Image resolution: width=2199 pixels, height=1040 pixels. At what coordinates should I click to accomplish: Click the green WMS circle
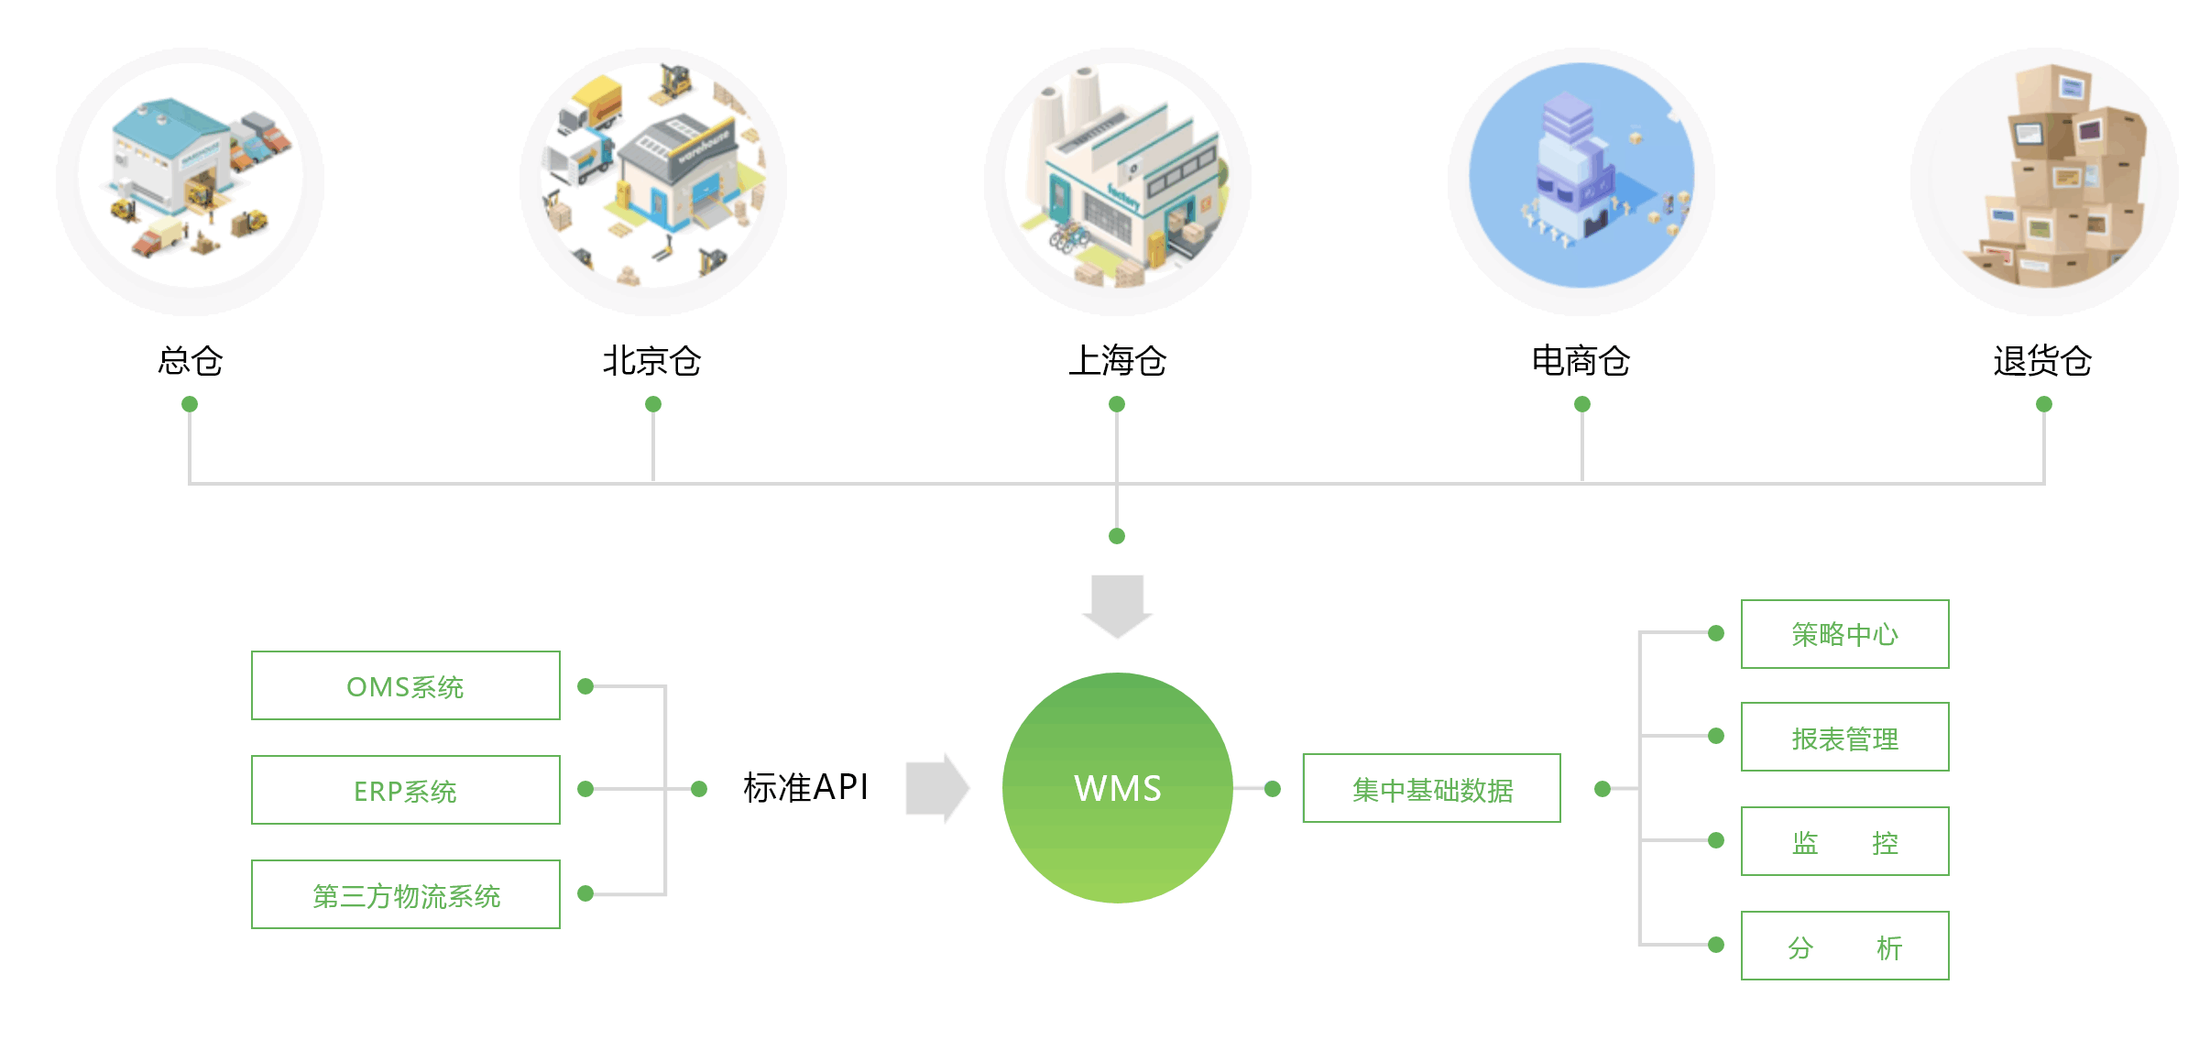tap(1117, 788)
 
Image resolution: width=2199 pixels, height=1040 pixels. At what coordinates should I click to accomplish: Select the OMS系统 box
tap(405, 685)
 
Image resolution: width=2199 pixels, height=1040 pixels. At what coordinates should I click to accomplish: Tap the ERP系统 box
tap(405, 790)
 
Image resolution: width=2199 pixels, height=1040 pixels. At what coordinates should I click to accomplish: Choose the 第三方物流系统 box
tap(405, 894)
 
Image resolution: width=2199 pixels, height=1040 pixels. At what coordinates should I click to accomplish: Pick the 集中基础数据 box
tap(1431, 788)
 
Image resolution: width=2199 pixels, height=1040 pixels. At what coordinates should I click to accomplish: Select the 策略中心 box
tap(1844, 634)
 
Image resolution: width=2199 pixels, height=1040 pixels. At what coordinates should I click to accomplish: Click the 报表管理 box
tap(1844, 737)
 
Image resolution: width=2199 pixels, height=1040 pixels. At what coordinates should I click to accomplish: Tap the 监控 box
tap(1844, 841)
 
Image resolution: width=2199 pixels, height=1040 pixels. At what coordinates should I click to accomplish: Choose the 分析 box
tap(1844, 946)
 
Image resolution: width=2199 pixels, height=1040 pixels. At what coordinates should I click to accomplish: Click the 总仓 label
tap(190, 361)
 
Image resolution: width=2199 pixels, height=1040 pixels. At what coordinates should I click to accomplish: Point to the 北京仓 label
tap(651, 361)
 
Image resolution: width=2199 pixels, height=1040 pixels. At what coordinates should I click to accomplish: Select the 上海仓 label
tap(1117, 361)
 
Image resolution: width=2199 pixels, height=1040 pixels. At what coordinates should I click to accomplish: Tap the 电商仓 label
tap(1581, 361)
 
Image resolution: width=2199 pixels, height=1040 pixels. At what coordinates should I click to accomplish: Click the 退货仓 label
tap(2042, 361)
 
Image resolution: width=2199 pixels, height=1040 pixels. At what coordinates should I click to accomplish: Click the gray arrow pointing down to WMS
tap(1117, 605)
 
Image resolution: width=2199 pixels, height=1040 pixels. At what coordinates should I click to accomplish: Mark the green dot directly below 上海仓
tap(1117, 404)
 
